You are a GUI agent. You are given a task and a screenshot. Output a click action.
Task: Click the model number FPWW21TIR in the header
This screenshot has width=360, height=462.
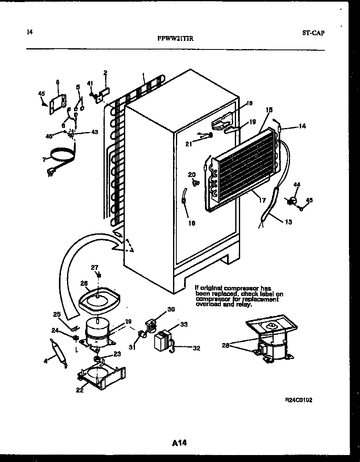175,39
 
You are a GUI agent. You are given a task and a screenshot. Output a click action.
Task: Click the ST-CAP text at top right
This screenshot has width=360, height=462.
314,33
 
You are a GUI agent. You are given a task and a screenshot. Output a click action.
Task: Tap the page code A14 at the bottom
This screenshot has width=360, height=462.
179,443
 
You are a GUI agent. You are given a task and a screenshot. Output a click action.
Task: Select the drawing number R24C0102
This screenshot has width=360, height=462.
299,400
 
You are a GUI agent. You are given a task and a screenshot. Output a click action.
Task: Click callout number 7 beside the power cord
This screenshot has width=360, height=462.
44,159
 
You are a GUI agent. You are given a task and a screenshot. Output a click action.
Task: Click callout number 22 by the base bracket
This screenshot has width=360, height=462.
79,390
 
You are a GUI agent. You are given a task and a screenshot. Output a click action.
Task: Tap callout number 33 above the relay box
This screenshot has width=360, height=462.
184,325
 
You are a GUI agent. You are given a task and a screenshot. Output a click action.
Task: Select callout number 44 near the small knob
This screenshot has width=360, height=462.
297,185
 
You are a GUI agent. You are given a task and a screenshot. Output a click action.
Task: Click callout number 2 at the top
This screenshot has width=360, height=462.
105,73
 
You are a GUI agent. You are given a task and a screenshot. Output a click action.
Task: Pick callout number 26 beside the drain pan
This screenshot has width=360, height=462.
84,283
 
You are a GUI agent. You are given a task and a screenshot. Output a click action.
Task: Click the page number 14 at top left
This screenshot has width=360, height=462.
29,32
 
